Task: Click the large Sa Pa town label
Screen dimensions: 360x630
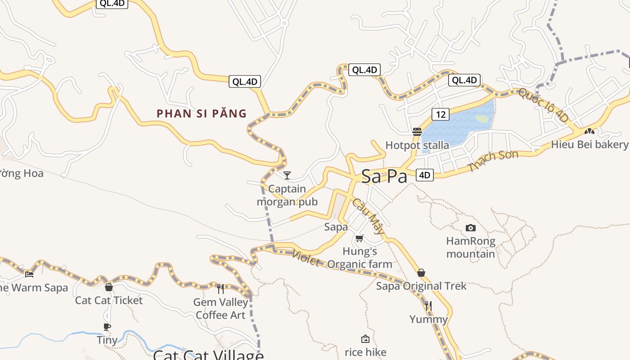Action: pyautogui.click(x=384, y=176)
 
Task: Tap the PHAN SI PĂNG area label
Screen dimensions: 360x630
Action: pyautogui.click(x=202, y=113)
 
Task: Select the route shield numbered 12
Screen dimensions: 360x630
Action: pyautogui.click(x=440, y=114)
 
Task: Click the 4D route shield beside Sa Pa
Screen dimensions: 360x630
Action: pyautogui.click(x=424, y=175)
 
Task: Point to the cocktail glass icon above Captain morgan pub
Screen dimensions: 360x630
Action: pyautogui.click(x=287, y=175)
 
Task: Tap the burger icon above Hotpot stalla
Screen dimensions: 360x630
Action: pyautogui.click(x=417, y=132)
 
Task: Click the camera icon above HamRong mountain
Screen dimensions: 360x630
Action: pyautogui.click(x=470, y=228)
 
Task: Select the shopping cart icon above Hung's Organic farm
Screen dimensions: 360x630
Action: pyautogui.click(x=359, y=238)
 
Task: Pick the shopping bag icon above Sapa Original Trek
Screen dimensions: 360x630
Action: pyautogui.click(x=421, y=273)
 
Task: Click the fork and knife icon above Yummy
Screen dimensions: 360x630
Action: pyautogui.click(x=428, y=306)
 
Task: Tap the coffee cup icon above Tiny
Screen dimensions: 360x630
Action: pyautogui.click(x=107, y=327)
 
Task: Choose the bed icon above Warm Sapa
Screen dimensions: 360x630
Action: pyautogui.click(x=29, y=274)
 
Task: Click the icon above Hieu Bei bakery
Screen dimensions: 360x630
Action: pyautogui.click(x=589, y=131)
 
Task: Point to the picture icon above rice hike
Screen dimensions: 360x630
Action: pyautogui.click(x=365, y=339)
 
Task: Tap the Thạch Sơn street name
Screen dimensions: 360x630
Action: pyautogui.click(x=493, y=161)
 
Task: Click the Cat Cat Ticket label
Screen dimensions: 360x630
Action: pyautogui.click(x=109, y=300)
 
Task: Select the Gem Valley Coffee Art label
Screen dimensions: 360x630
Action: pyautogui.click(x=220, y=308)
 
